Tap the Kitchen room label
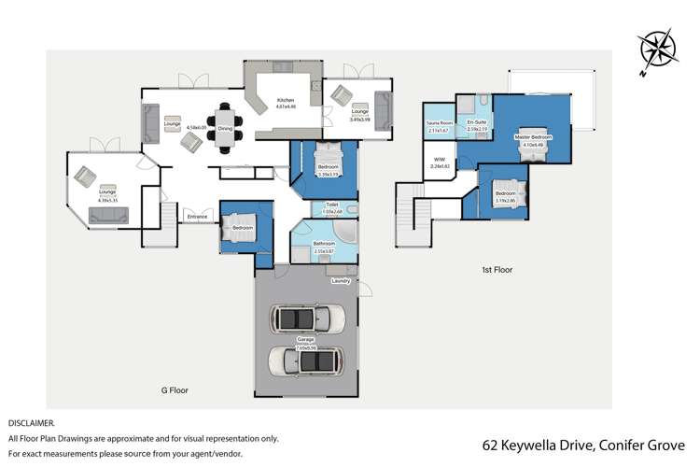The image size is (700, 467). click(x=286, y=100)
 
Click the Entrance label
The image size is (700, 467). click(x=197, y=217)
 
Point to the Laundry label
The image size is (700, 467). click(x=341, y=278)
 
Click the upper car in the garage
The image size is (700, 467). click(x=307, y=318)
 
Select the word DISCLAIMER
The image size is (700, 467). click(x=31, y=422)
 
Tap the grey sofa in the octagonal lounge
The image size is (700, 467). click(x=113, y=216)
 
